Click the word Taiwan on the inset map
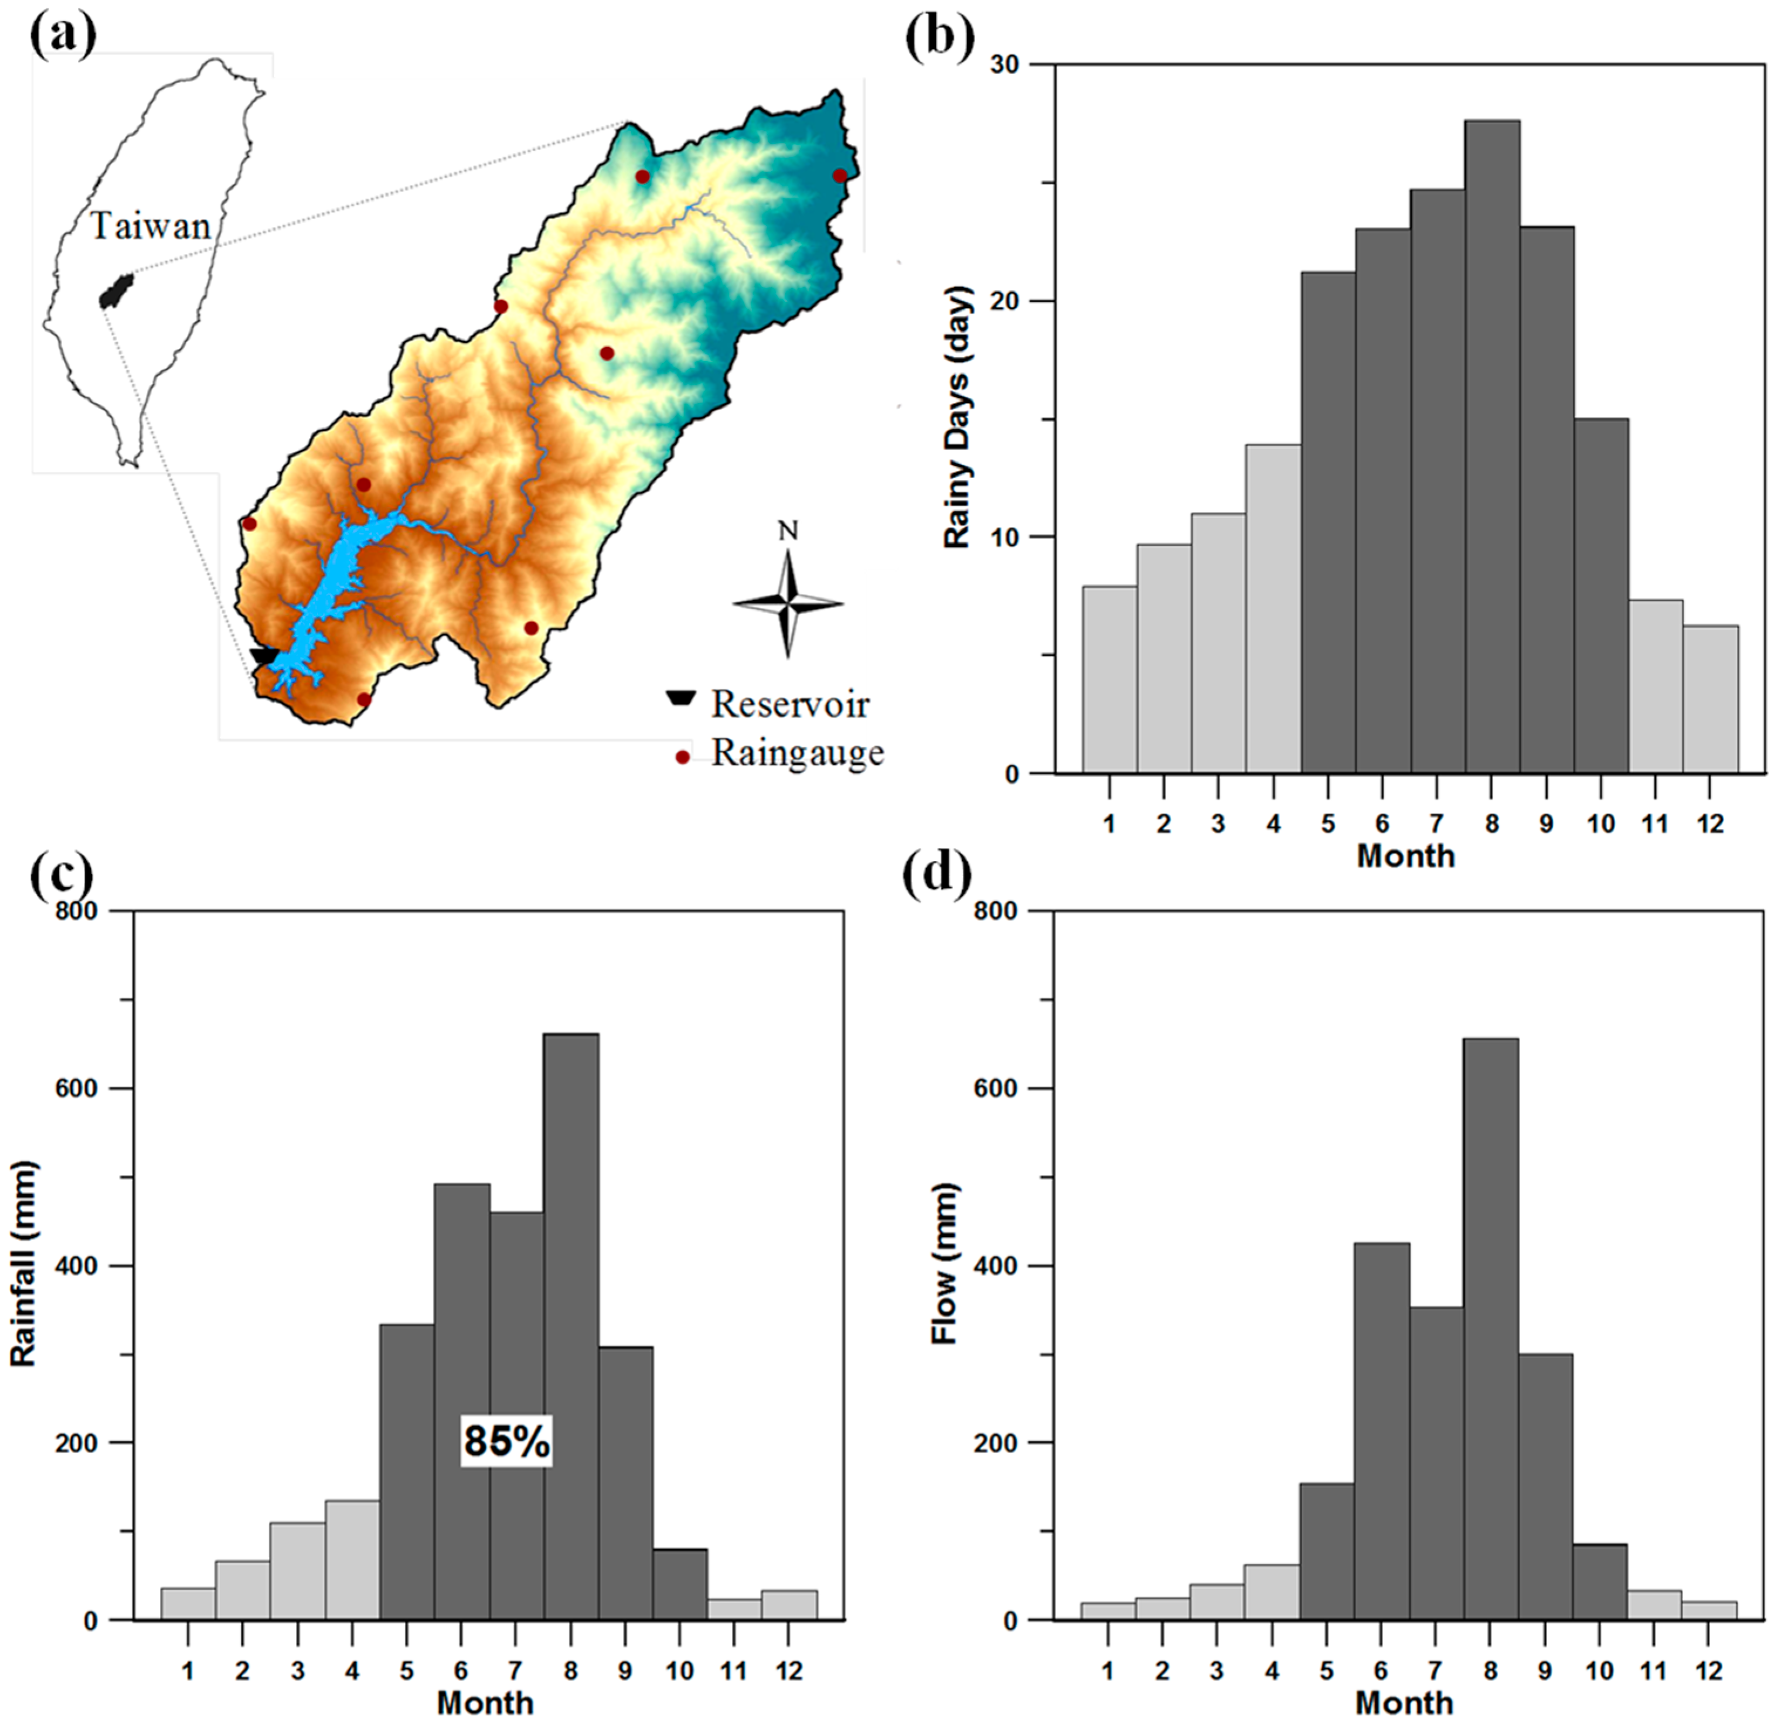(150, 225)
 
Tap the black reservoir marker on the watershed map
(264, 656)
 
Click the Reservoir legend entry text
(789, 704)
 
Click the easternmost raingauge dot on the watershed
(839, 176)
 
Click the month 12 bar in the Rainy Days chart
(1710, 699)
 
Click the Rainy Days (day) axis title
(956, 416)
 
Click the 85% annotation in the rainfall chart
(506, 1441)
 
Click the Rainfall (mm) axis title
(23, 1265)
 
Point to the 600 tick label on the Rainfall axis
(78, 1089)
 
